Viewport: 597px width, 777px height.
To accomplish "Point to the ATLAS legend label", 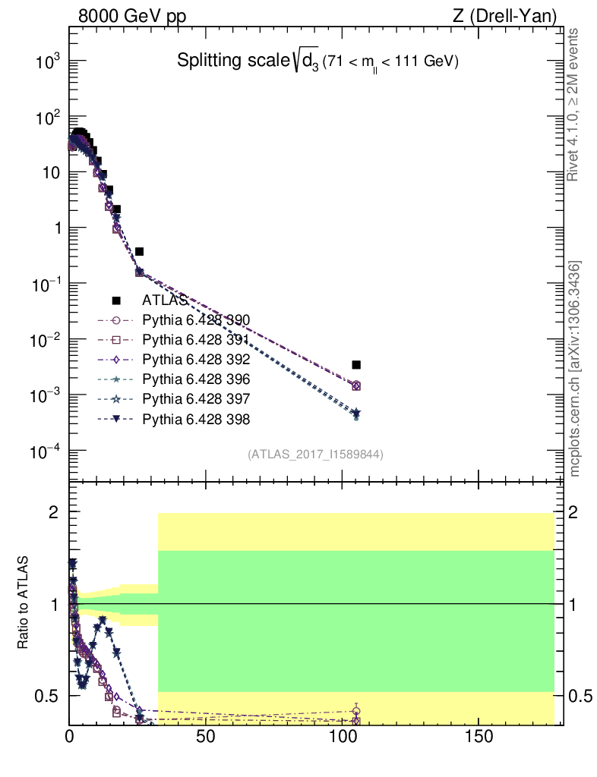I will point(165,300).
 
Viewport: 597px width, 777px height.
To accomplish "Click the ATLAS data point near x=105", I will point(356,365).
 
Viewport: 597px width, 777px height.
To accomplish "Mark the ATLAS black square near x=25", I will point(140,251).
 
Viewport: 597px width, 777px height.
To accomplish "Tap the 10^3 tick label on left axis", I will point(47,62).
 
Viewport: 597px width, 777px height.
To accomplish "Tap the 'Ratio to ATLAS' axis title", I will point(24,603).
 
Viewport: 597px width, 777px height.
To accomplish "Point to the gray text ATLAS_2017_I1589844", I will point(314,455).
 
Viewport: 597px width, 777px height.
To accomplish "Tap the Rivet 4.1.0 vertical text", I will point(573,105).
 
